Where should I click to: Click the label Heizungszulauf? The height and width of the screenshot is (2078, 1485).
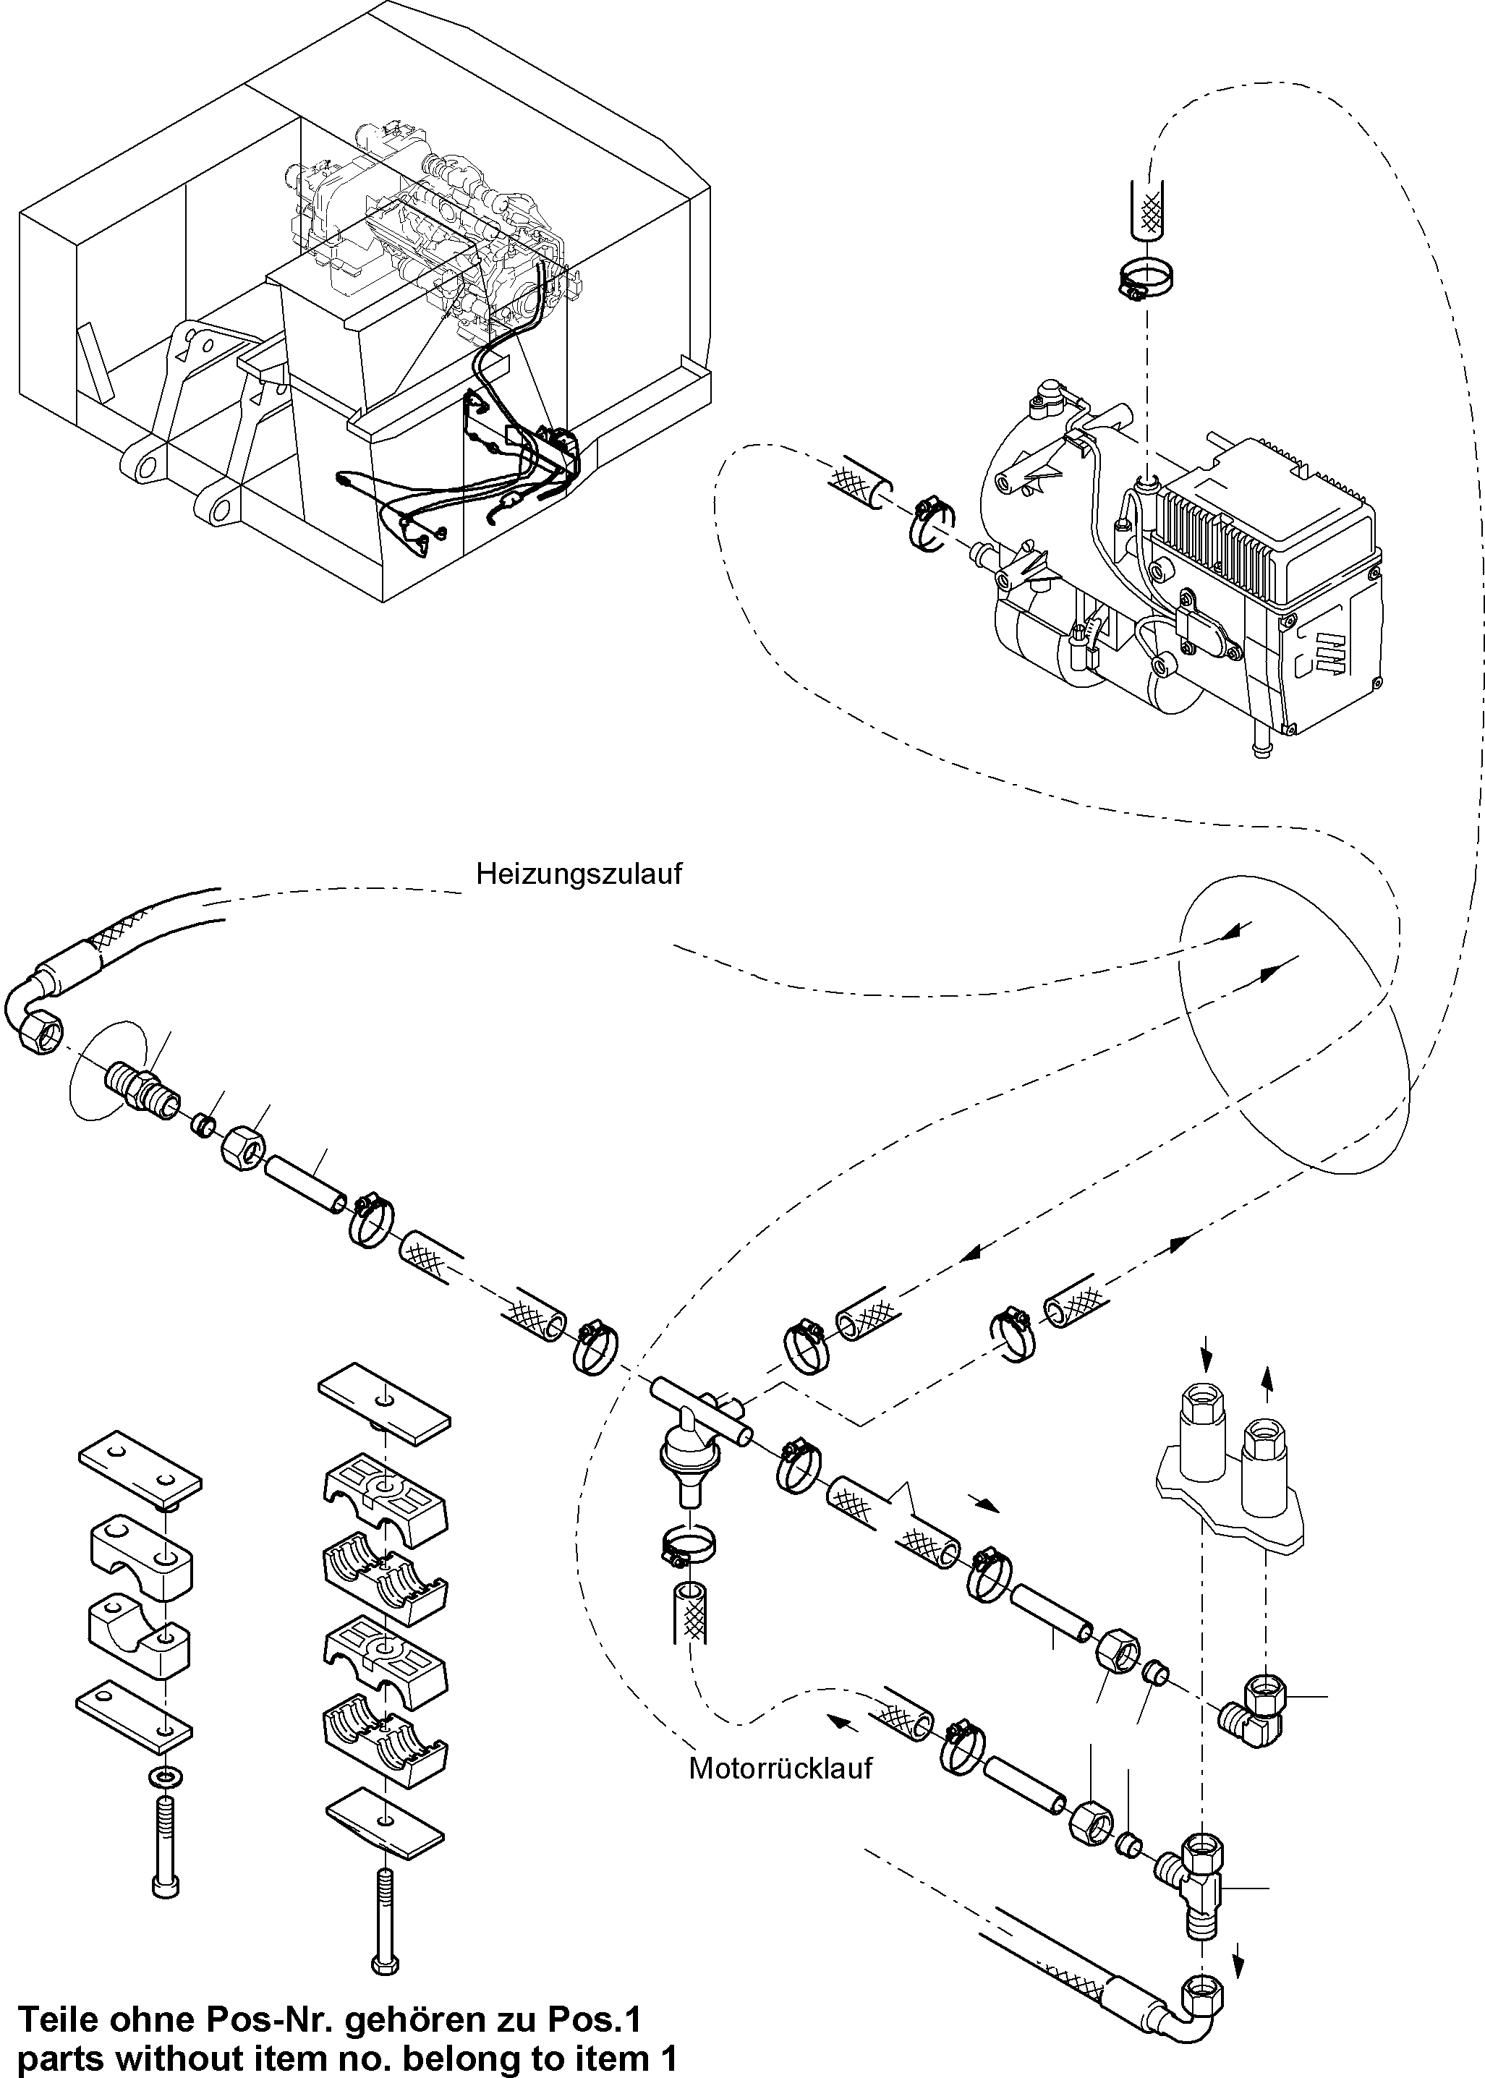pos(579,874)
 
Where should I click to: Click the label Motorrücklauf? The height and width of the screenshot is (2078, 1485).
pos(780,1768)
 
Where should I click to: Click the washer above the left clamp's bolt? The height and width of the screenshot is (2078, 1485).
pos(163,1776)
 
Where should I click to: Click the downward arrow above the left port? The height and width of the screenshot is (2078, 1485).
pos(1206,1350)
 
